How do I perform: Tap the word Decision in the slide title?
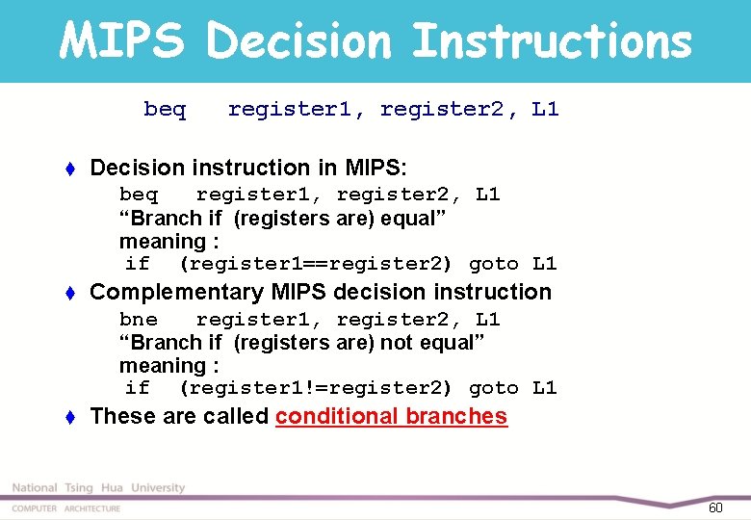pos(299,41)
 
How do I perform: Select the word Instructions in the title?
pos(552,41)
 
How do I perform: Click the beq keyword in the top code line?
pos(165,110)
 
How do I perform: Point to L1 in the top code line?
pos(545,110)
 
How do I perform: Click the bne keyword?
pos(139,320)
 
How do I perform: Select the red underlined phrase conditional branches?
pos(391,416)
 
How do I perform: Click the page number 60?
pos(715,507)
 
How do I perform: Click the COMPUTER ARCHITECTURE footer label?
pos(66,508)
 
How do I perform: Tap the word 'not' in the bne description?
pos(393,343)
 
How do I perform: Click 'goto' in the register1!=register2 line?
pos(493,388)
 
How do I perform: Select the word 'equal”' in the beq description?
pos(414,219)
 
